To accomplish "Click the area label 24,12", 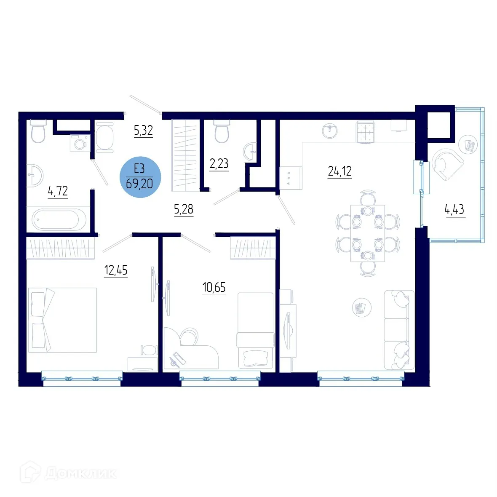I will point(339,171).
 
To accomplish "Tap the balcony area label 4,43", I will point(454,209).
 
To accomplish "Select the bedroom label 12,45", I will point(116,270).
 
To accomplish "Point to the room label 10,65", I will point(214,288).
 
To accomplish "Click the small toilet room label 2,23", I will point(219,163).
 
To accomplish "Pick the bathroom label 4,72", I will point(58,192).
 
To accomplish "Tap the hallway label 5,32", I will point(143,131).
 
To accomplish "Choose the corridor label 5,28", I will point(184,209).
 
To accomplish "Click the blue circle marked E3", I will point(140,176).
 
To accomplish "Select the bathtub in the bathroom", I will point(59,219).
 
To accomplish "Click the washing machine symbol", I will point(79,143).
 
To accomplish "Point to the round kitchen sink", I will point(330,131).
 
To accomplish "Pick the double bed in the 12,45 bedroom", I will point(62,320).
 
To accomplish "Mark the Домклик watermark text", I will point(80,473).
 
